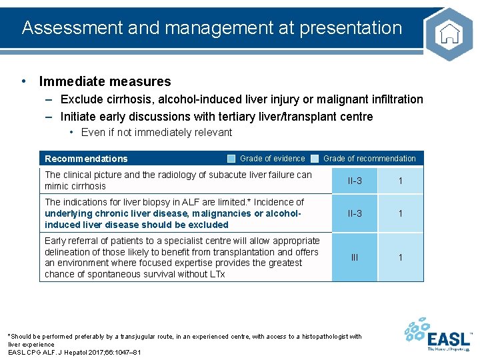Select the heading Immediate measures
pyautogui.click(x=105, y=82)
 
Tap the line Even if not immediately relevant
pyautogui.click(x=156, y=132)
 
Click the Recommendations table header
pyautogui.click(x=86, y=159)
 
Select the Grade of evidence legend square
pyautogui.click(x=231, y=159)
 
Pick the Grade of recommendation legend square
pyautogui.click(x=315, y=159)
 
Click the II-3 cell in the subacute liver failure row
pyautogui.click(x=354, y=181)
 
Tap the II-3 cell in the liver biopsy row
pyautogui.click(x=354, y=213)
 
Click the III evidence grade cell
pyautogui.click(x=354, y=257)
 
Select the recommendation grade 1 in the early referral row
pyautogui.click(x=400, y=257)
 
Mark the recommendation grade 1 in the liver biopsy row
pyautogui.click(x=400, y=213)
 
